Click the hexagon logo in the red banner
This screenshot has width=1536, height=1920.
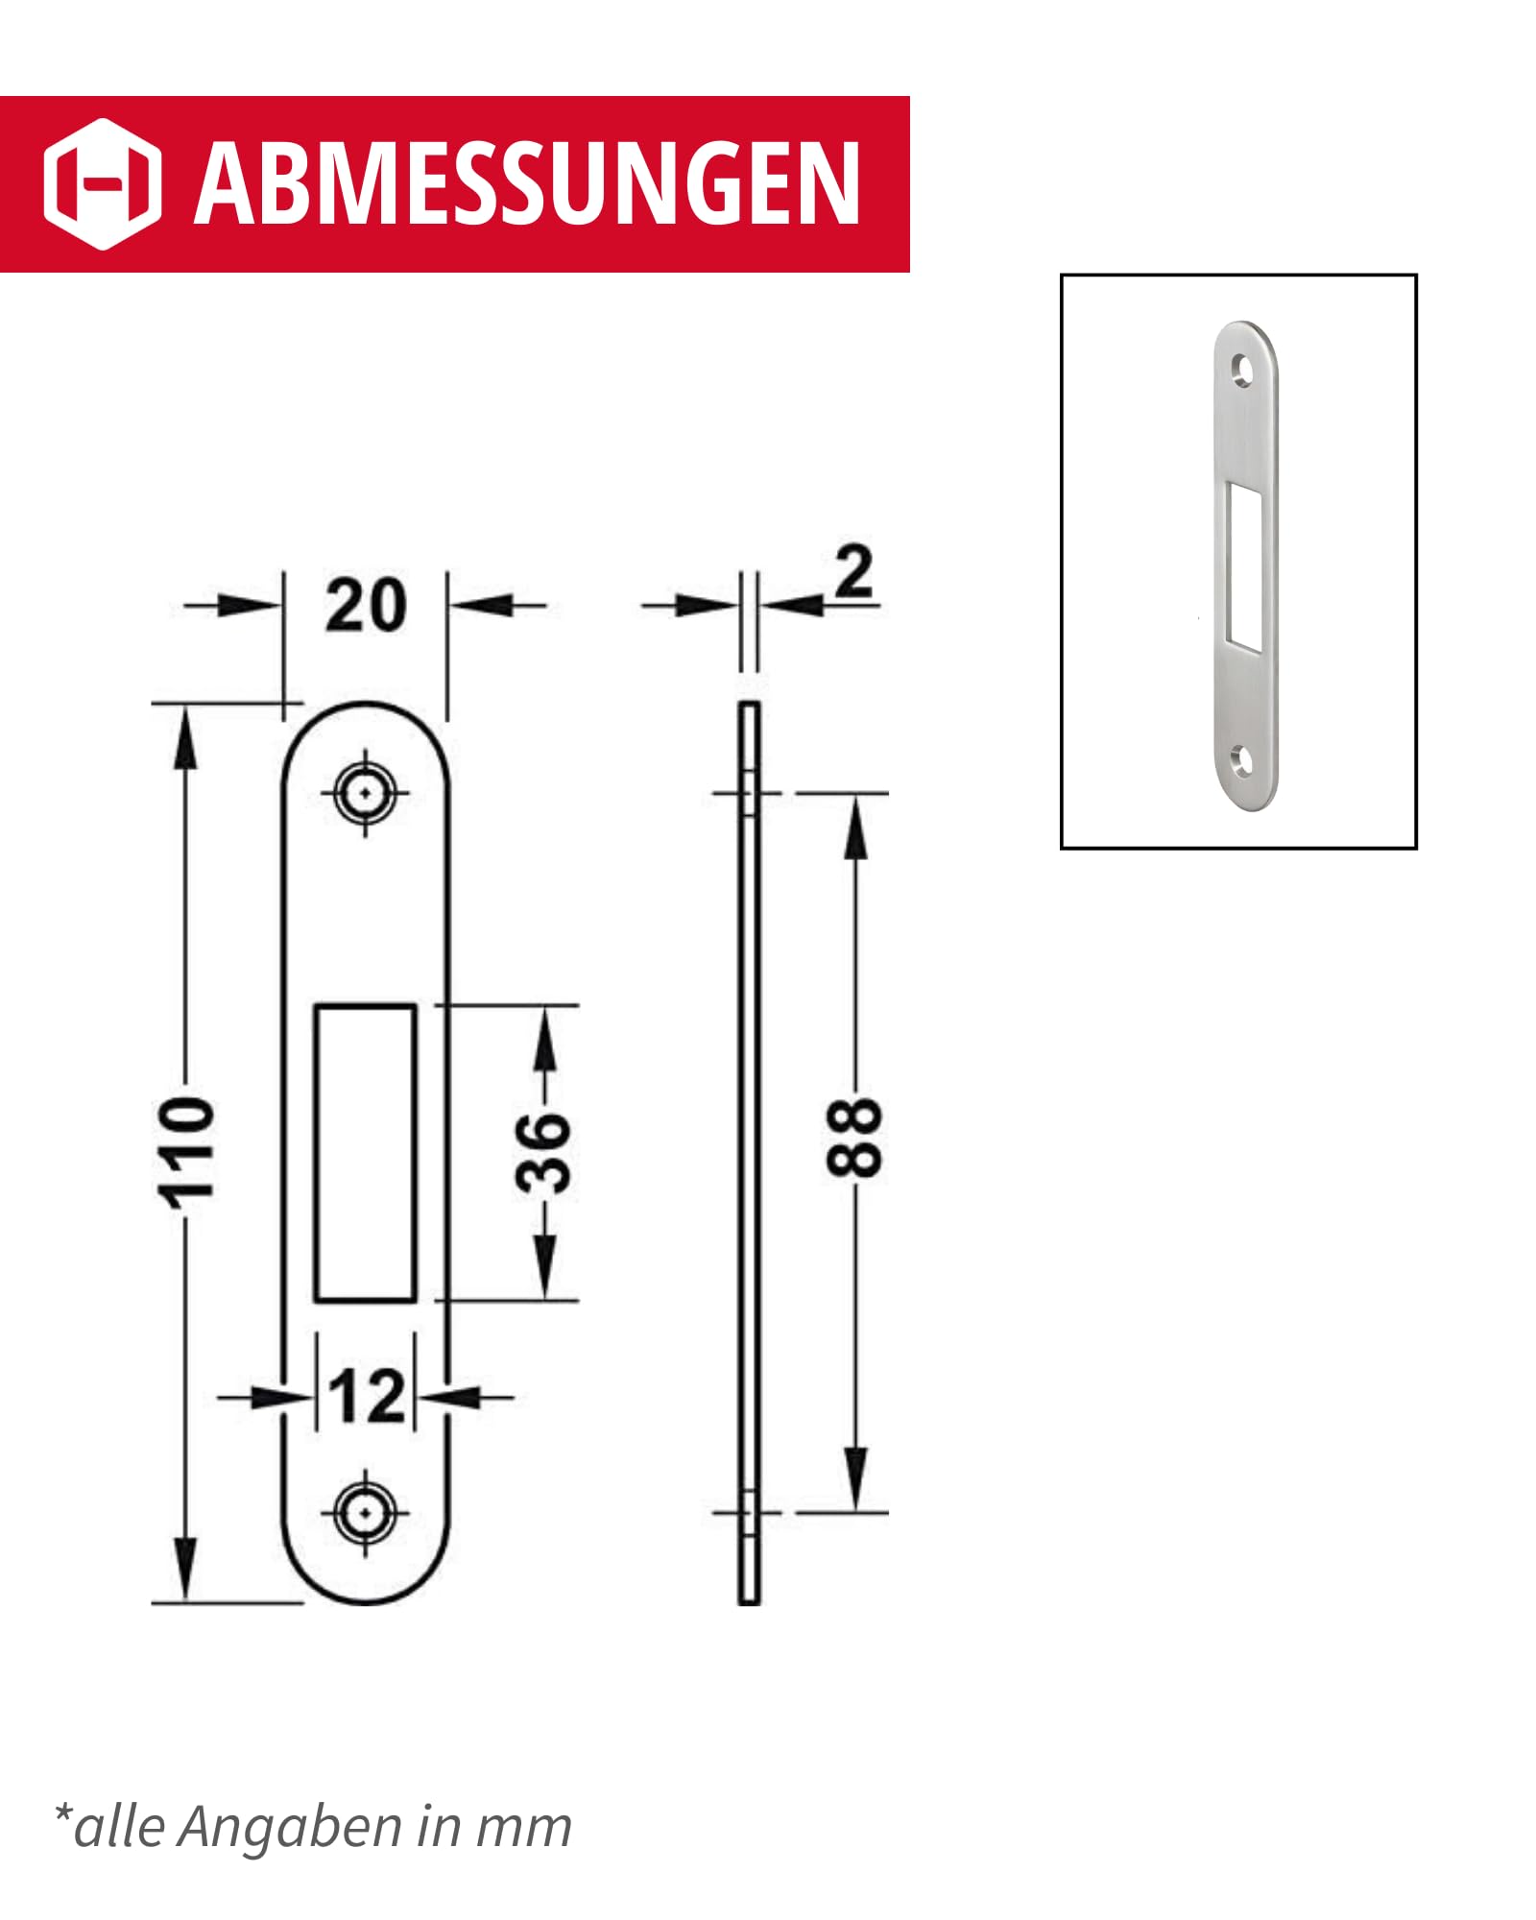pyautogui.click(x=103, y=184)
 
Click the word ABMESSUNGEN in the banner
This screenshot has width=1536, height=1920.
pyautogui.click(x=526, y=184)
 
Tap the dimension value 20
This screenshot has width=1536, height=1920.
pyautogui.click(x=366, y=607)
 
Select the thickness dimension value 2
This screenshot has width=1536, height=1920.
pyautogui.click(x=853, y=573)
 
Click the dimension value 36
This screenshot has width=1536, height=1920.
pyautogui.click(x=544, y=1152)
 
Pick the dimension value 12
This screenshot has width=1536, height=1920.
pyautogui.click(x=366, y=1397)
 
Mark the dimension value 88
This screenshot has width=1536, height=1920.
pyautogui.click(x=853, y=1138)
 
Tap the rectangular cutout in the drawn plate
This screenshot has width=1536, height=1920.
pyautogui.click(x=366, y=1153)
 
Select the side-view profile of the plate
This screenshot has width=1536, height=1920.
pyautogui.click(x=749, y=1152)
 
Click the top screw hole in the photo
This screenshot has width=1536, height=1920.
pyautogui.click(x=1242, y=368)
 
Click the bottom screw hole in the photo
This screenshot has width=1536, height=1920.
pyautogui.click(x=1242, y=761)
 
